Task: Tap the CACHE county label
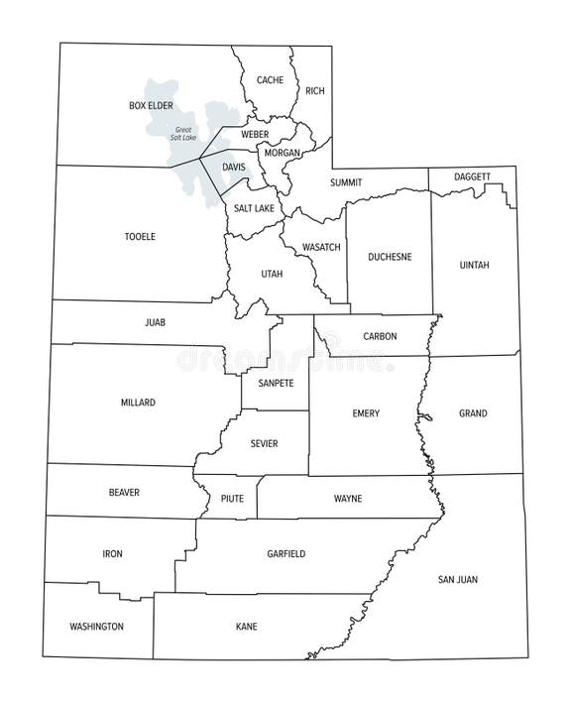(270, 80)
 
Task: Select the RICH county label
(315, 91)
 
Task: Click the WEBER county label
(255, 134)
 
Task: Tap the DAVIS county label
(234, 167)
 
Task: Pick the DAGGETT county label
(472, 176)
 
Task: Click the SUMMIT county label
(346, 182)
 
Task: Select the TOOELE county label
(140, 237)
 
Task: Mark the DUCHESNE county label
(390, 257)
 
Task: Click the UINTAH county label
(475, 265)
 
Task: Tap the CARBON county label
(380, 336)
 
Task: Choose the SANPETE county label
(276, 383)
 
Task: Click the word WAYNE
(347, 499)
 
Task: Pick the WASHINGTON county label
(96, 627)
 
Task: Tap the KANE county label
(246, 627)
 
